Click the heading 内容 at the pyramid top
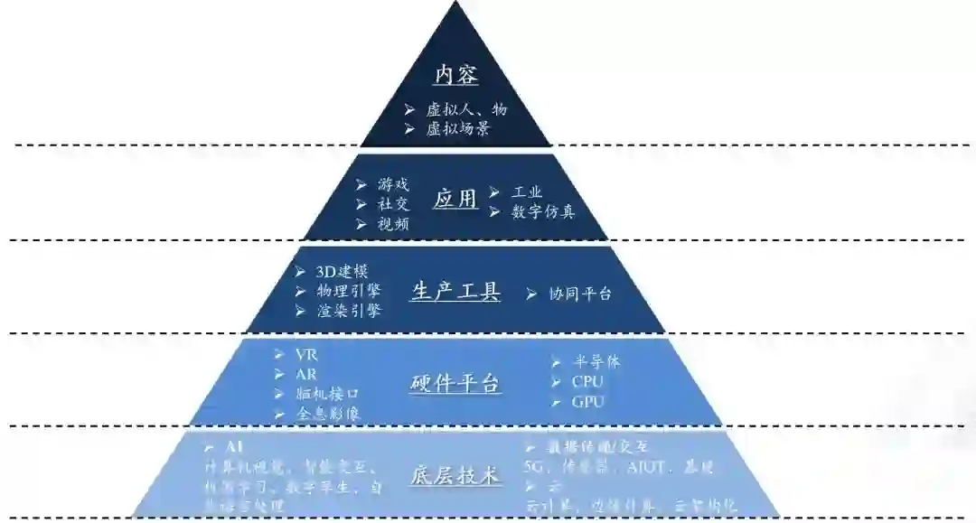click(x=456, y=75)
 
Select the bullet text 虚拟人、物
click(x=466, y=109)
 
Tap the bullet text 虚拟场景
click(x=458, y=128)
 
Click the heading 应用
click(x=455, y=200)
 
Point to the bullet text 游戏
click(x=393, y=184)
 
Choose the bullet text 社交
click(x=393, y=204)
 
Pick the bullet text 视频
click(x=393, y=224)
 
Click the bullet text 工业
click(x=527, y=192)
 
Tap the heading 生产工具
click(x=455, y=292)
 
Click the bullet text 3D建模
click(x=341, y=272)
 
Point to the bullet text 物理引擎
click(x=348, y=291)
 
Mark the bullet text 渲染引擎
click(x=348, y=311)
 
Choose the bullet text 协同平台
click(x=580, y=294)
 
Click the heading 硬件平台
click(x=455, y=384)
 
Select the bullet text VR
click(x=307, y=355)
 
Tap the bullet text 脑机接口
click(x=328, y=394)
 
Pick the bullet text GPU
click(x=587, y=402)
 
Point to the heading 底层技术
click(x=455, y=476)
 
